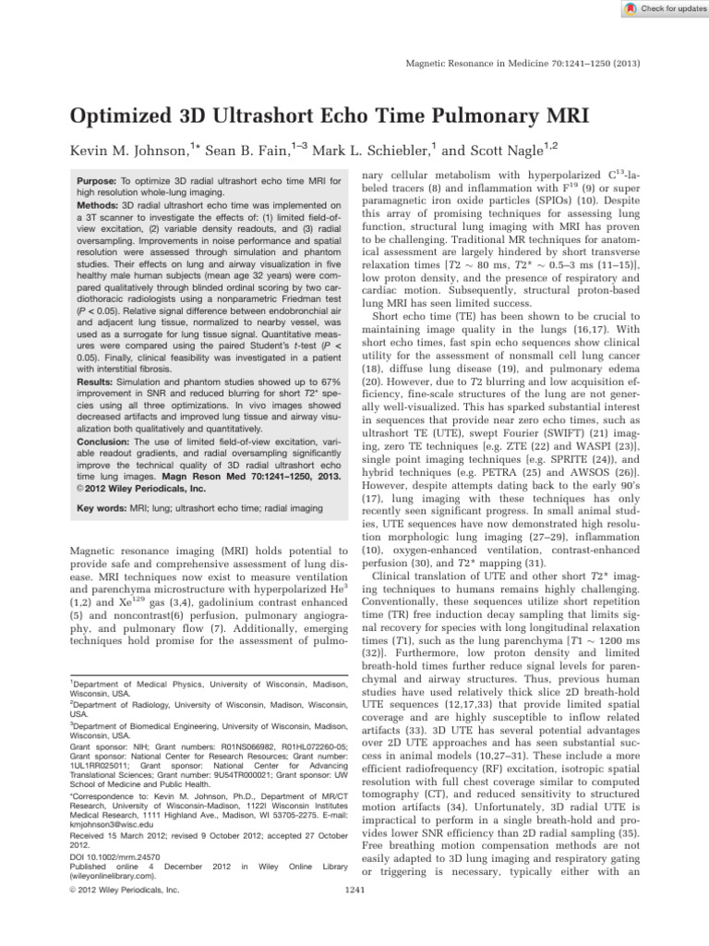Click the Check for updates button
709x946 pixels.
click(659, 9)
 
